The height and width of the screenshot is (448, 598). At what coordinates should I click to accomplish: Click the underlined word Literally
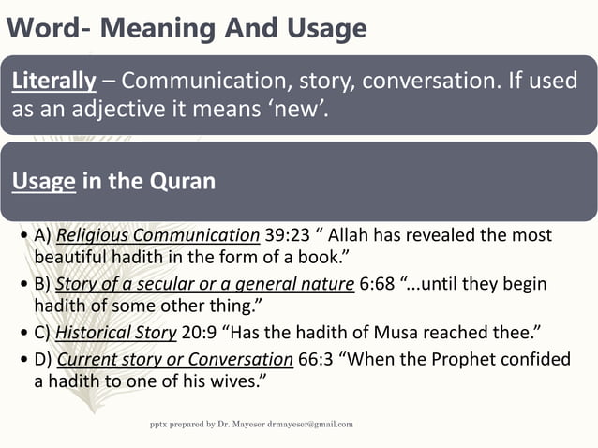[x=53, y=82]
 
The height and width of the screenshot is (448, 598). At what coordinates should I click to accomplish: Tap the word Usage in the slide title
[x=317, y=29]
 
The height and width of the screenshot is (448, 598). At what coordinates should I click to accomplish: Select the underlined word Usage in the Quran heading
[x=43, y=181]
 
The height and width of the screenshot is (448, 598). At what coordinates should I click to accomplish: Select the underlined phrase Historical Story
[x=116, y=332]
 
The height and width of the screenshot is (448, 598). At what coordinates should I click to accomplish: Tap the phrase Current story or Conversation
[x=174, y=359]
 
